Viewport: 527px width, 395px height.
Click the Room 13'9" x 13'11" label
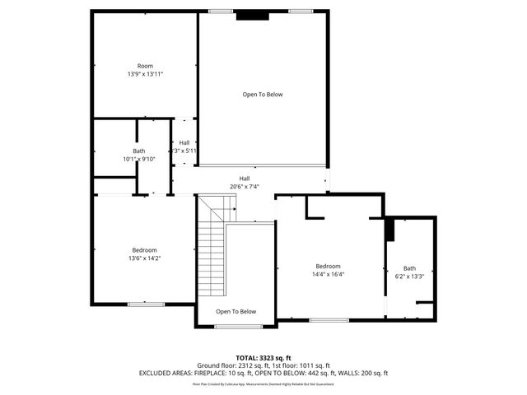tap(145, 69)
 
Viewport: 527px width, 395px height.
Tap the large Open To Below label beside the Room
tap(262, 95)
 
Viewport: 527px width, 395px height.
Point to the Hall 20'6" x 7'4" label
tap(245, 182)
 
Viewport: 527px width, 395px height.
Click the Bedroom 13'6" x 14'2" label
tap(144, 253)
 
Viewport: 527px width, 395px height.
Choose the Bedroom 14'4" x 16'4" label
tap(328, 270)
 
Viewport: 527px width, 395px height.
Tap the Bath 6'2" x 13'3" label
tap(409, 272)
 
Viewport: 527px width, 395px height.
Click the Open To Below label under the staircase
tap(236, 312)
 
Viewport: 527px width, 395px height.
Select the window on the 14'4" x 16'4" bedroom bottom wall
tap(329, 319)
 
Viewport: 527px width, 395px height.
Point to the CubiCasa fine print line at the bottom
tap(263, 383)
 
